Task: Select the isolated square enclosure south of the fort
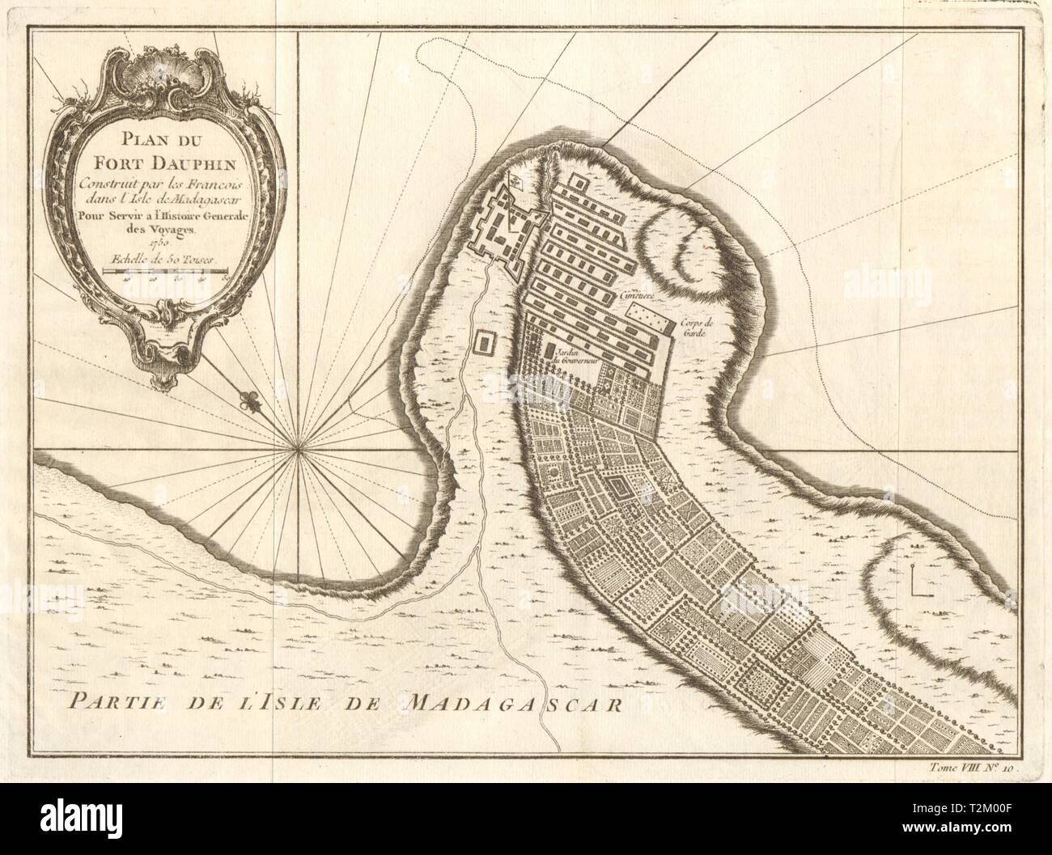coord(486,344)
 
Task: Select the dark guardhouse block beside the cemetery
coord(671,328)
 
